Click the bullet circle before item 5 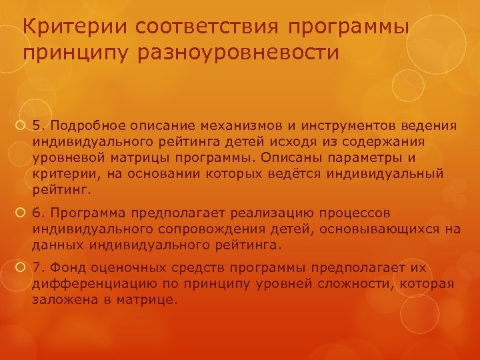22,125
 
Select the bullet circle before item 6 22,213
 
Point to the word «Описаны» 285,158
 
